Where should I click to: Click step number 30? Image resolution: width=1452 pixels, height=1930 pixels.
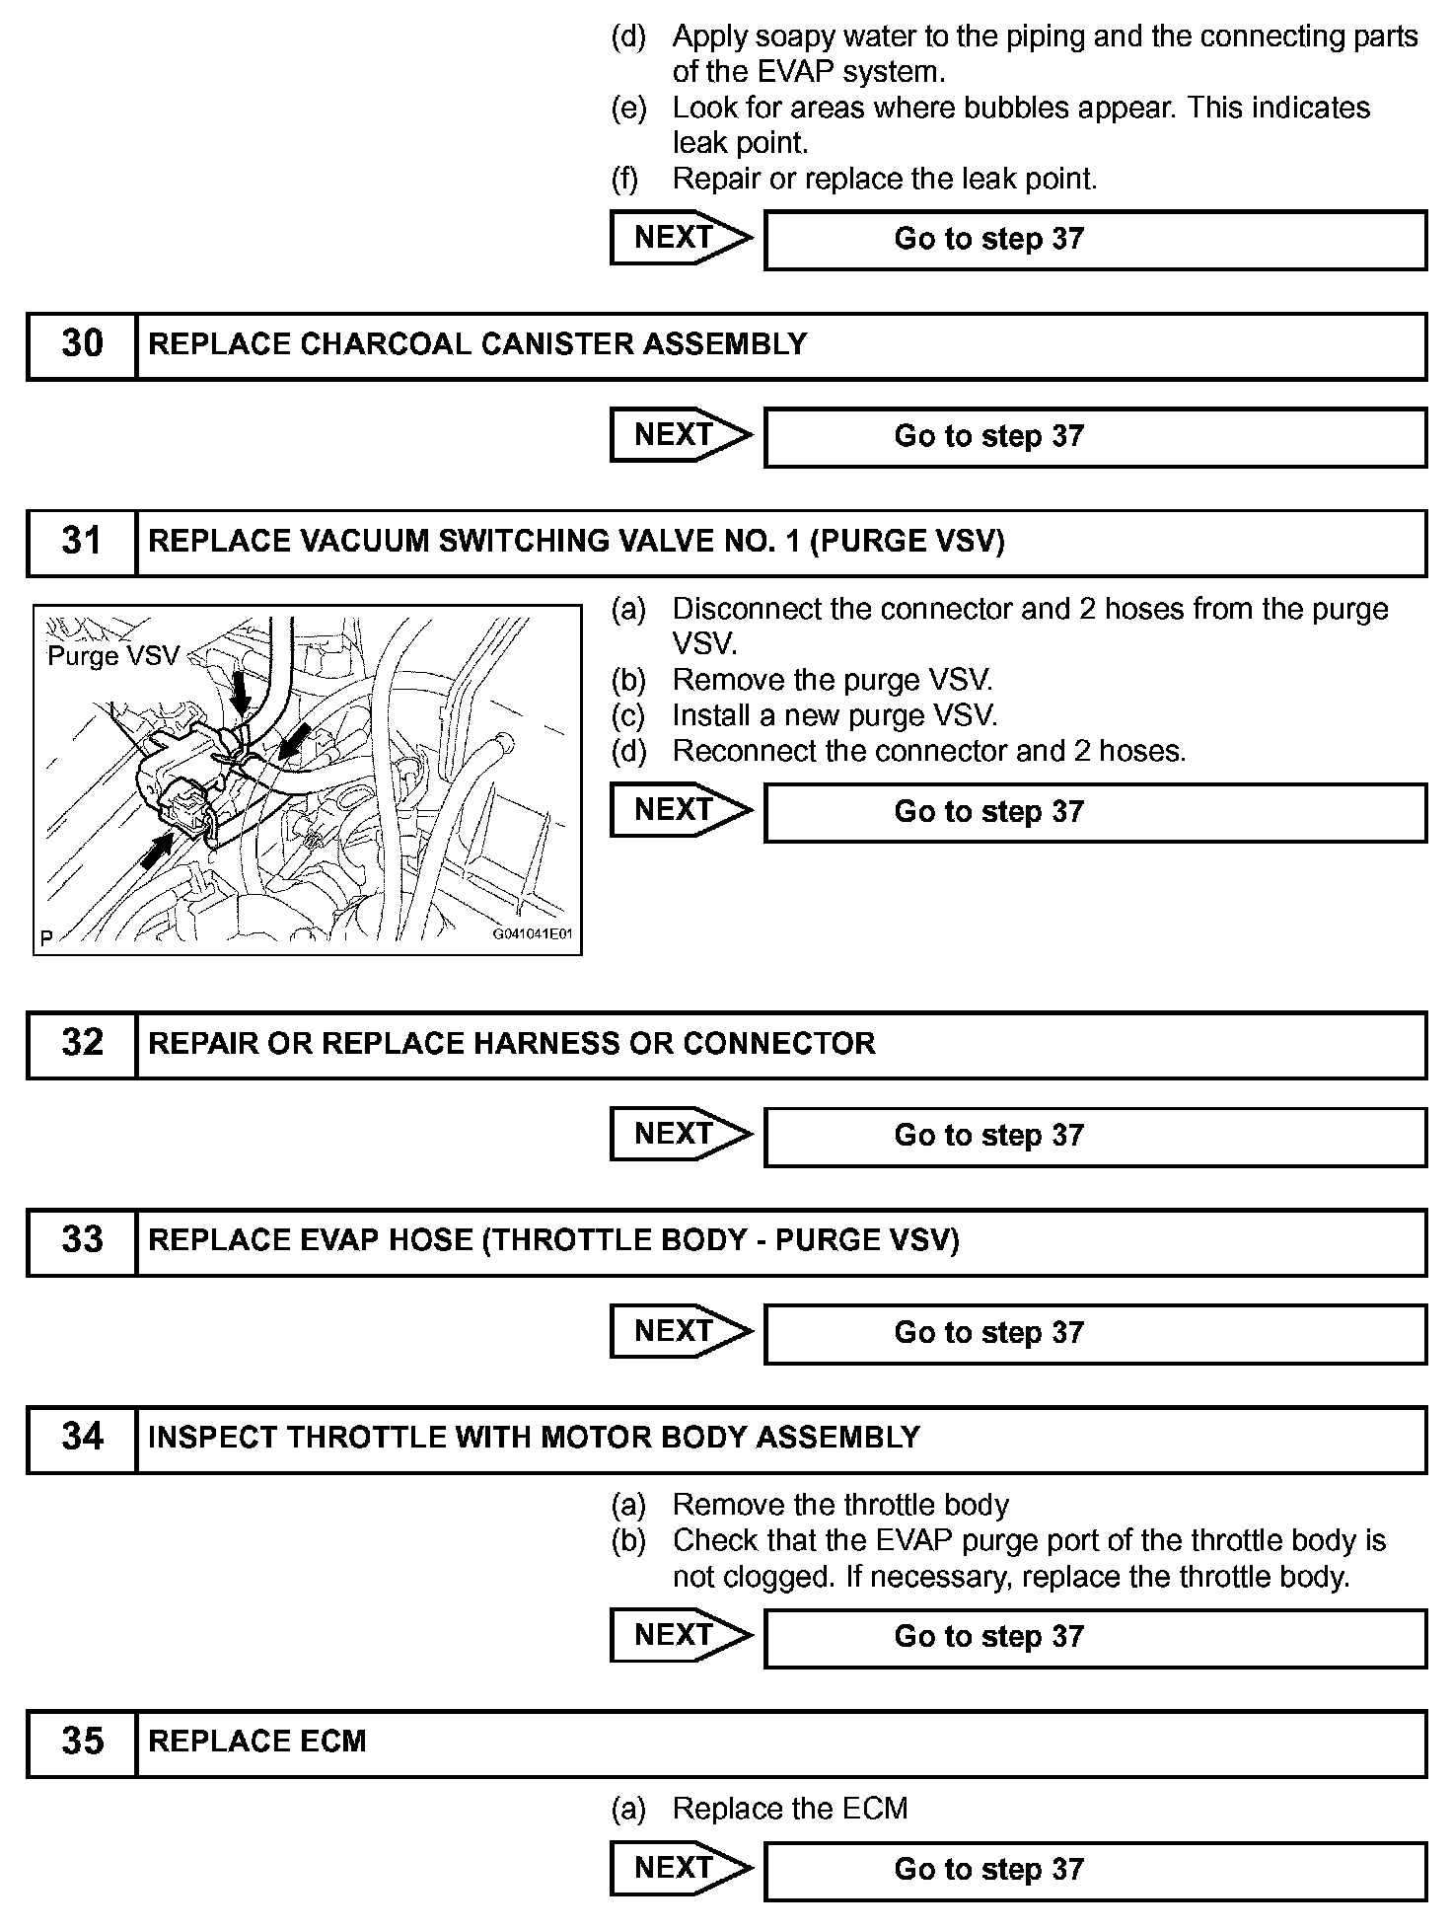click(x=82, y=344)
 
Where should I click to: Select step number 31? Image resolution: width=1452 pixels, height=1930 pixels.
click(x=82, y=542)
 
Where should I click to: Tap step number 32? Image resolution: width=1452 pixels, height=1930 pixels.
click(x=82, y=1043)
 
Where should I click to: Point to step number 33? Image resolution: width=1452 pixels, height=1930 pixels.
click(x=82, y=1240)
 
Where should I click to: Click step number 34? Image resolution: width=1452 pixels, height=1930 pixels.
click(x=82, y=1438)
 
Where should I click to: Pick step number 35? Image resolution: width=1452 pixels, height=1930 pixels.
click(x=82, y=1742)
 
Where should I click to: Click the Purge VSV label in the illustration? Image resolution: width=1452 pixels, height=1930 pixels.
click(x=113, y=656)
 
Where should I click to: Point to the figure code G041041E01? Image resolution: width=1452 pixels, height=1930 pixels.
click(x=533, y=934)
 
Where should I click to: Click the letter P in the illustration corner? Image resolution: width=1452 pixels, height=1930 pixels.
click(x=46, y=937)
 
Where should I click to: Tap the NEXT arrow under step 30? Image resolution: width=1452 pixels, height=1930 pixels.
click(x=680, y=436)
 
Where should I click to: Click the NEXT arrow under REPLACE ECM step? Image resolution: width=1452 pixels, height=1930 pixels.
click(x=680, y=1869)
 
